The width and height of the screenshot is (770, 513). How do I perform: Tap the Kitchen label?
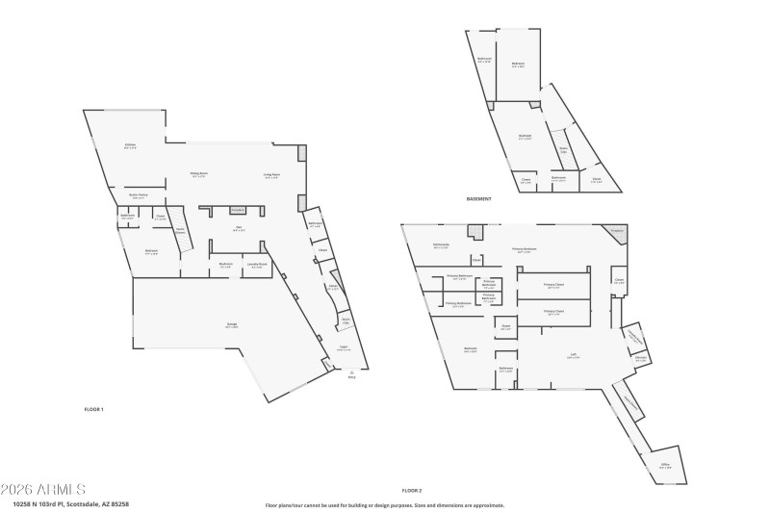click(130, 146)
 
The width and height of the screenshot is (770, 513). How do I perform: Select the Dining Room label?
click(199, 174)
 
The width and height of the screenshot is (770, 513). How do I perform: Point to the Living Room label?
click(271, 174)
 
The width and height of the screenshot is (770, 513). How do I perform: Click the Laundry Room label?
click(256, 265)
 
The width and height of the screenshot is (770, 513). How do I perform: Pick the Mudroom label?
click(226, 265)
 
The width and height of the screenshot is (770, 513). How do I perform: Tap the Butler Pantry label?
click(139, 195)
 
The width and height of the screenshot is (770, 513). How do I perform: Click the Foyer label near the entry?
click(343, 348)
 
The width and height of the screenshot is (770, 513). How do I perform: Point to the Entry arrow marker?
click(351, 372)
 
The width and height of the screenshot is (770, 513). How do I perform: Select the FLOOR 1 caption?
click(93, 409)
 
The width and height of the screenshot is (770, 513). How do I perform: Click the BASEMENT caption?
click(479, 198)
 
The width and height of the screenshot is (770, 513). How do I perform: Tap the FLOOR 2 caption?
click(412, 490)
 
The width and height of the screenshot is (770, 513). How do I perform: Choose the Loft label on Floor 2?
click(573, 355)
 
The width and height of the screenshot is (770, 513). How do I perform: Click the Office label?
click(665, 466)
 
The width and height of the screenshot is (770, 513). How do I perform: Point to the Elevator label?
click(640, 358)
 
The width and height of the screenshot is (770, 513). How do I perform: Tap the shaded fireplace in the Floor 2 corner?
click(617, 232)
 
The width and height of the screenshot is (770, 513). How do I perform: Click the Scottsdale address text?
click(71, 502)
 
